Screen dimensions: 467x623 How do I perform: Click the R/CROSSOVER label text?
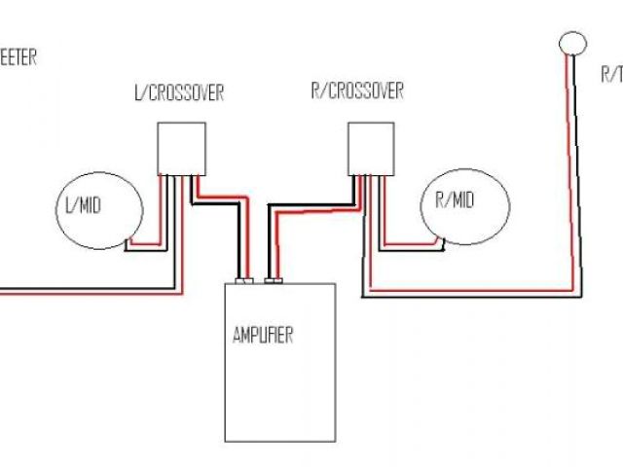[356, 92]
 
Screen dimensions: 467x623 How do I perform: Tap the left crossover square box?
[181, 148]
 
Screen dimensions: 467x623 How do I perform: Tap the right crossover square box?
[372, 148]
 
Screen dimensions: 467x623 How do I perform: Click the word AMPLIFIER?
[263, 338]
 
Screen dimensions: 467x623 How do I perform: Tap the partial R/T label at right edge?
[611, 72]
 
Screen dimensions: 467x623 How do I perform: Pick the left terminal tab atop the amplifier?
[244, 281]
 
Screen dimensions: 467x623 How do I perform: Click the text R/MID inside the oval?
[455, 201]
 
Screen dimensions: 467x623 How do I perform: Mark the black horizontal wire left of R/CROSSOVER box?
[307, 206]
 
